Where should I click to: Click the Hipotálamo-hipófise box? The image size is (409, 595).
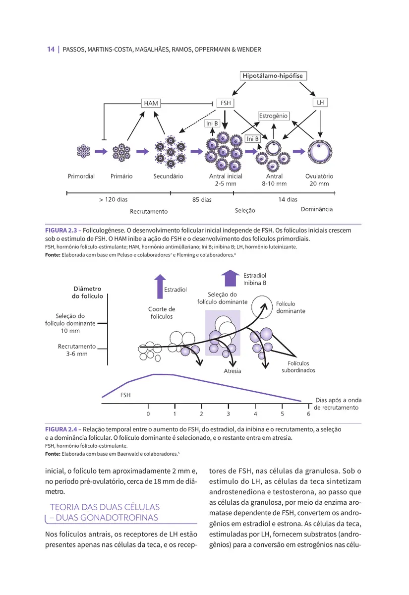pos(273,76)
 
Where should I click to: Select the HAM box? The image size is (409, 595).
pos(151,103)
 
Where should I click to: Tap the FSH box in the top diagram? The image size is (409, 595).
pos(226,103)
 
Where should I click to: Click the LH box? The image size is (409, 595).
pos(320,103)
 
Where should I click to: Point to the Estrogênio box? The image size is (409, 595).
pos(273,116)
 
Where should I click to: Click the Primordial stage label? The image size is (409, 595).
pos(81,176)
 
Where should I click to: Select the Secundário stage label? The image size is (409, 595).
pos(168,176)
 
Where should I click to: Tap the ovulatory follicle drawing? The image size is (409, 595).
pos(319,151)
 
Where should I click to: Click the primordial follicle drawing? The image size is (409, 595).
pos(82,151)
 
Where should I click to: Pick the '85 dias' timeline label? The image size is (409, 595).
pos(202,200)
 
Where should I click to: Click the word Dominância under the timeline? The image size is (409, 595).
pos(316,209)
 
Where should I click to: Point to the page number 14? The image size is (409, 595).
pos(51,49)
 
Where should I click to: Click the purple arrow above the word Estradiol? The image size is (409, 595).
pos(159,286)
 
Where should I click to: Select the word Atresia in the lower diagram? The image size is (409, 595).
pos(233,371)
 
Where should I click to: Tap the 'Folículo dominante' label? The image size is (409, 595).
pos(291,307)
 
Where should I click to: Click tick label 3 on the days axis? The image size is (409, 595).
pos(229,413)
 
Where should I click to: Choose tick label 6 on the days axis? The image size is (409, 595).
pos(308,413)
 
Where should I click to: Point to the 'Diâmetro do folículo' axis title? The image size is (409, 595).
pos(87,292)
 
